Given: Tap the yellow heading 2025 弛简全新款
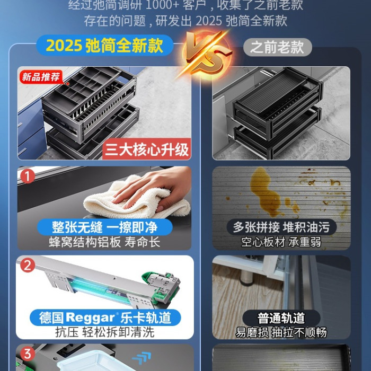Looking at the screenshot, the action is point(104,45).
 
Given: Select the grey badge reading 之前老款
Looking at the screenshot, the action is point(277,47).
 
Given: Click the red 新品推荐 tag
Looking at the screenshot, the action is point(41,77).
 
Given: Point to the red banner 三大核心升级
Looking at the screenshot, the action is point(147,149).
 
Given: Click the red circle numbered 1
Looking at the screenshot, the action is point(28,176).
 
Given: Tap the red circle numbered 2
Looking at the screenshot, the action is point(28,265).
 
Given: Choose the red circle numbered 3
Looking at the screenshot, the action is point(28,354).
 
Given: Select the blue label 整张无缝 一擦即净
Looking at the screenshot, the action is point(104,227).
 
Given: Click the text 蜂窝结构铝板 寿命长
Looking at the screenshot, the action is point(104,242).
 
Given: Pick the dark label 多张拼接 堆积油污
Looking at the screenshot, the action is point(281,227).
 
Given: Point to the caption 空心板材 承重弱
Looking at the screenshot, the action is point(281,242).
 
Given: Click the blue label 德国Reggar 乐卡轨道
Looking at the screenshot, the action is point(105,317).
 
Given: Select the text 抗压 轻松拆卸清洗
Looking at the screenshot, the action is point(104,332).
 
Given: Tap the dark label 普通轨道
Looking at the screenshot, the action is point(281,318).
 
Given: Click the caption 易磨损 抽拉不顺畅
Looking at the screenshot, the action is point(281,332).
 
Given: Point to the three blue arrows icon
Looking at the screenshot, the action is point(142,358).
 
